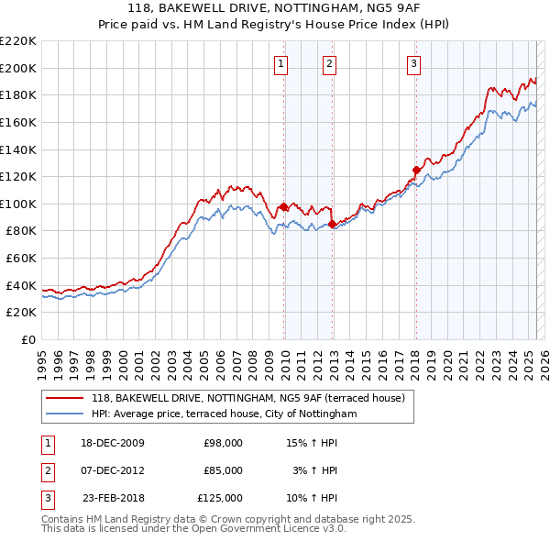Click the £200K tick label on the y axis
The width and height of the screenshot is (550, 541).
point(18,68)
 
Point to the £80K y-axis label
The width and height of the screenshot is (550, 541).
point(21,231)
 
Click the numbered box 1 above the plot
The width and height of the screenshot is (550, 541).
point(280,64)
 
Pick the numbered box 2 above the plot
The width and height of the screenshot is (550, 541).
point(328,64)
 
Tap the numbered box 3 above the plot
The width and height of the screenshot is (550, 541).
point(414,64)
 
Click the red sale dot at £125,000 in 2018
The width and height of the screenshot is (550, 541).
point(416,170)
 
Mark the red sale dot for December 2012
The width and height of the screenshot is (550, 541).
point(332,224)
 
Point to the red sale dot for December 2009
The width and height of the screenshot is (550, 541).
point(284,206)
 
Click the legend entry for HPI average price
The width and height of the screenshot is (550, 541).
point(224,414)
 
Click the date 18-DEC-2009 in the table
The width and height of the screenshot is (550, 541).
point(113,443)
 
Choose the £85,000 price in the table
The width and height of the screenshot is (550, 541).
point(223,470)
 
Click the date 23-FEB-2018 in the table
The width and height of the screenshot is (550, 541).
point(113,498)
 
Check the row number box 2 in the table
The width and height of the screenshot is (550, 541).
point(47,470)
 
